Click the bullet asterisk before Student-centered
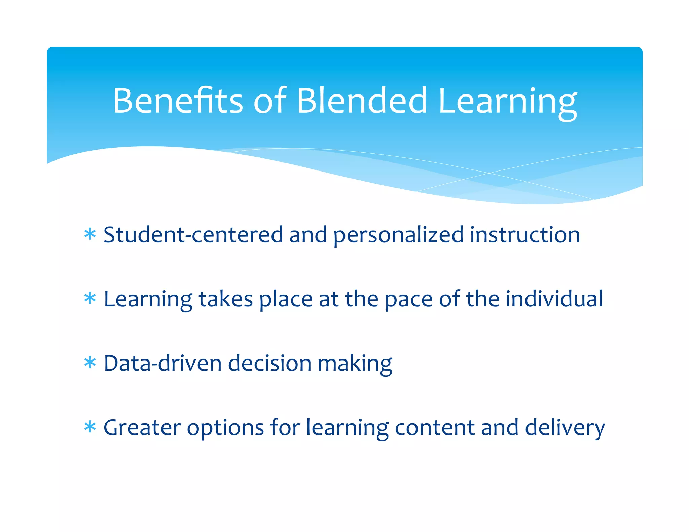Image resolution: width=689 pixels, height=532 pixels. tap(90, 234)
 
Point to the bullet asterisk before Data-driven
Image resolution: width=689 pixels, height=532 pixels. tap(90, 363)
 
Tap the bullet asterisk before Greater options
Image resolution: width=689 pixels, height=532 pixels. tap(90, 427)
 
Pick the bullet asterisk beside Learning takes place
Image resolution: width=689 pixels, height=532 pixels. tap(90, 298)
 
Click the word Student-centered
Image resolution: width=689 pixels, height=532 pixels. tap(193, 234)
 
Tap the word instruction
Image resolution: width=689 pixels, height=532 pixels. tap(525, 234)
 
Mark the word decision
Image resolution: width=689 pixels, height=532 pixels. tap(270, 363)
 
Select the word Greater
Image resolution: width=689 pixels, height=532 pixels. tap(142, 428)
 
